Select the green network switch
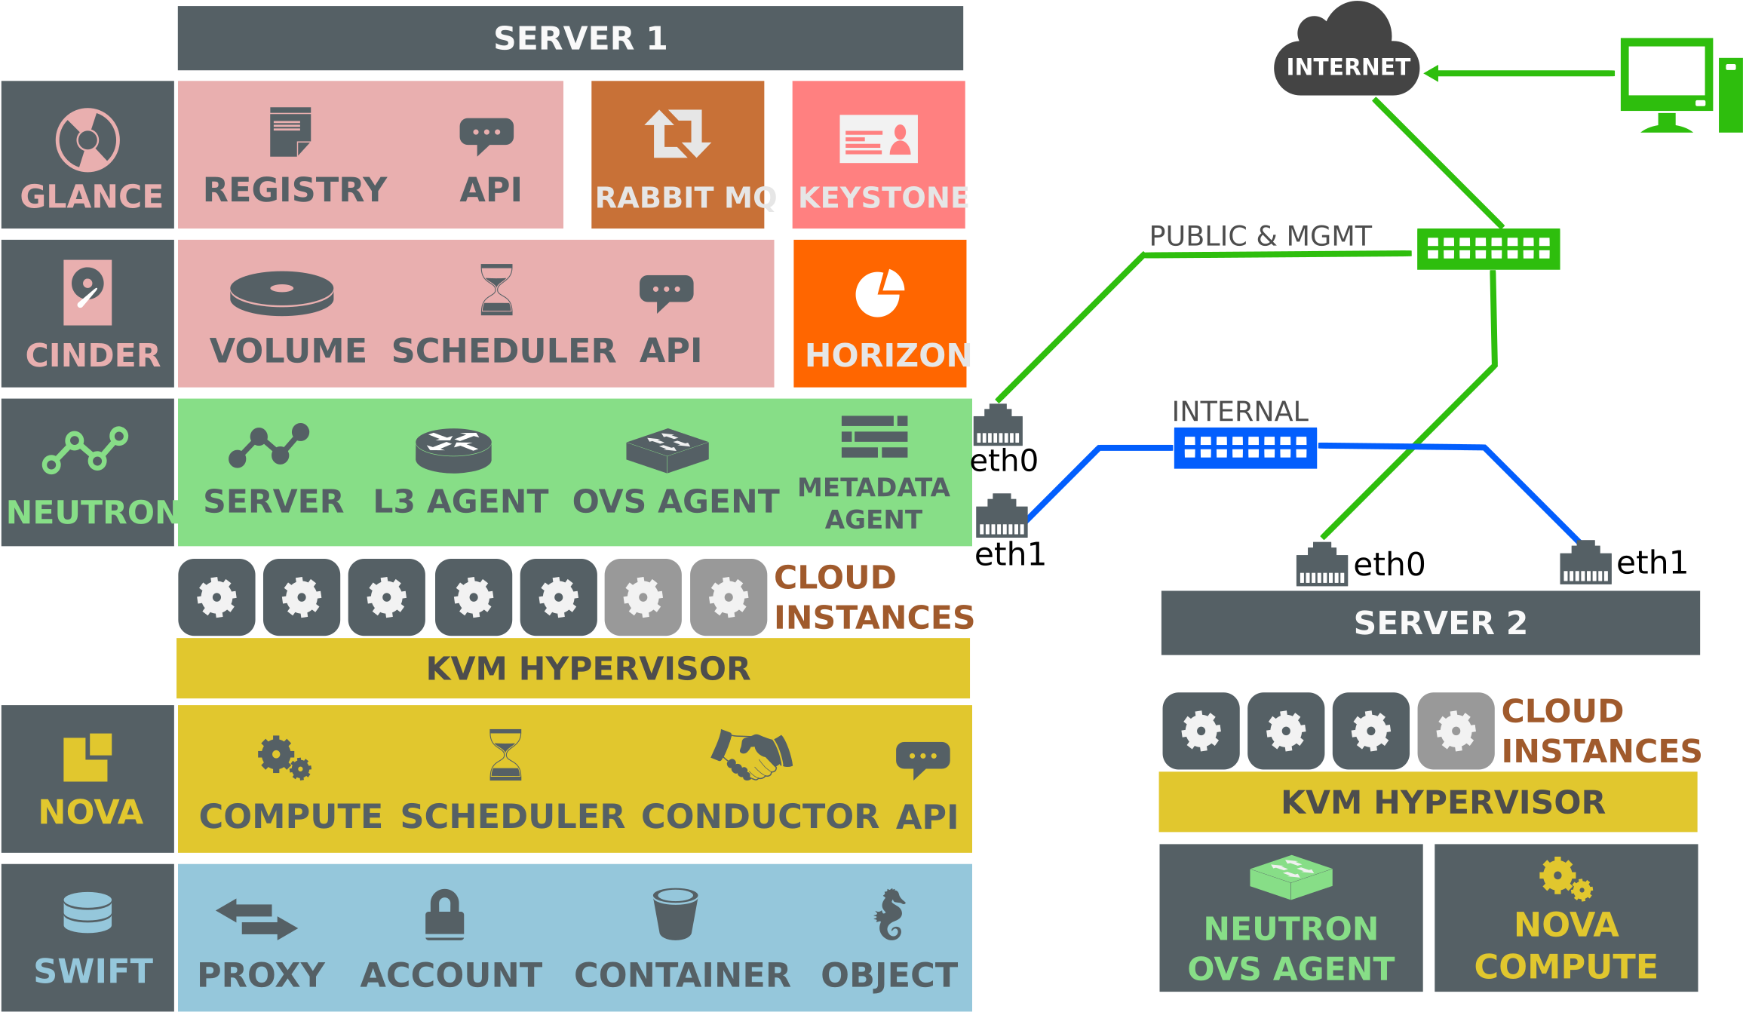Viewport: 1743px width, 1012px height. pyautogui.click(x=1488, y=249)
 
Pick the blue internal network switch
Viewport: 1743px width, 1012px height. pyautogui.click(x=1245, y=448)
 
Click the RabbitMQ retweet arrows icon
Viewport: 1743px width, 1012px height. pyautogui.click(x=677, y=133)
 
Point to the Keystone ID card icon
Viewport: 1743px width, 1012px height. pyautogui.click(x=879, y=139)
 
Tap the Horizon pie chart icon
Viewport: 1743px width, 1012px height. pyautogui.click(x=879, y=293)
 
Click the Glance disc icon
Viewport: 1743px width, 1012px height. pyautogui.click(x=87, y=140)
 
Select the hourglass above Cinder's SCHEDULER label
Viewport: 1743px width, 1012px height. pyautogui.click(x=497, y=289)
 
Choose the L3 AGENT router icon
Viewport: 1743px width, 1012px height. pyautogui.click(x=453, y=450)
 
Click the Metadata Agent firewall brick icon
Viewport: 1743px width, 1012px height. pyautogui.click(x=874, y=437)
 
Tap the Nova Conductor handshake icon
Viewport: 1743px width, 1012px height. pyautogui.click(x=752, y=754)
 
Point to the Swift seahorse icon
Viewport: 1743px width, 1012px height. pyautogui.click(x=890, y=914)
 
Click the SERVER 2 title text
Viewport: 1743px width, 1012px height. pyautogui.click(x=1440, y=623)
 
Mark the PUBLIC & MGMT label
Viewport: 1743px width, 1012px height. pyautogui.click(x=1260, y=236)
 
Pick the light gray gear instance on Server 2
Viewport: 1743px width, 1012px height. pyautogui.click(x=1456, y=731)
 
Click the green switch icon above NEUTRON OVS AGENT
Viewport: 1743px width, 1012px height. pyautogui.click(x=1291, y=877)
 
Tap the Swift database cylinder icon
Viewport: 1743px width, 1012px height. pyautogui.click(x=87, y=912)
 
